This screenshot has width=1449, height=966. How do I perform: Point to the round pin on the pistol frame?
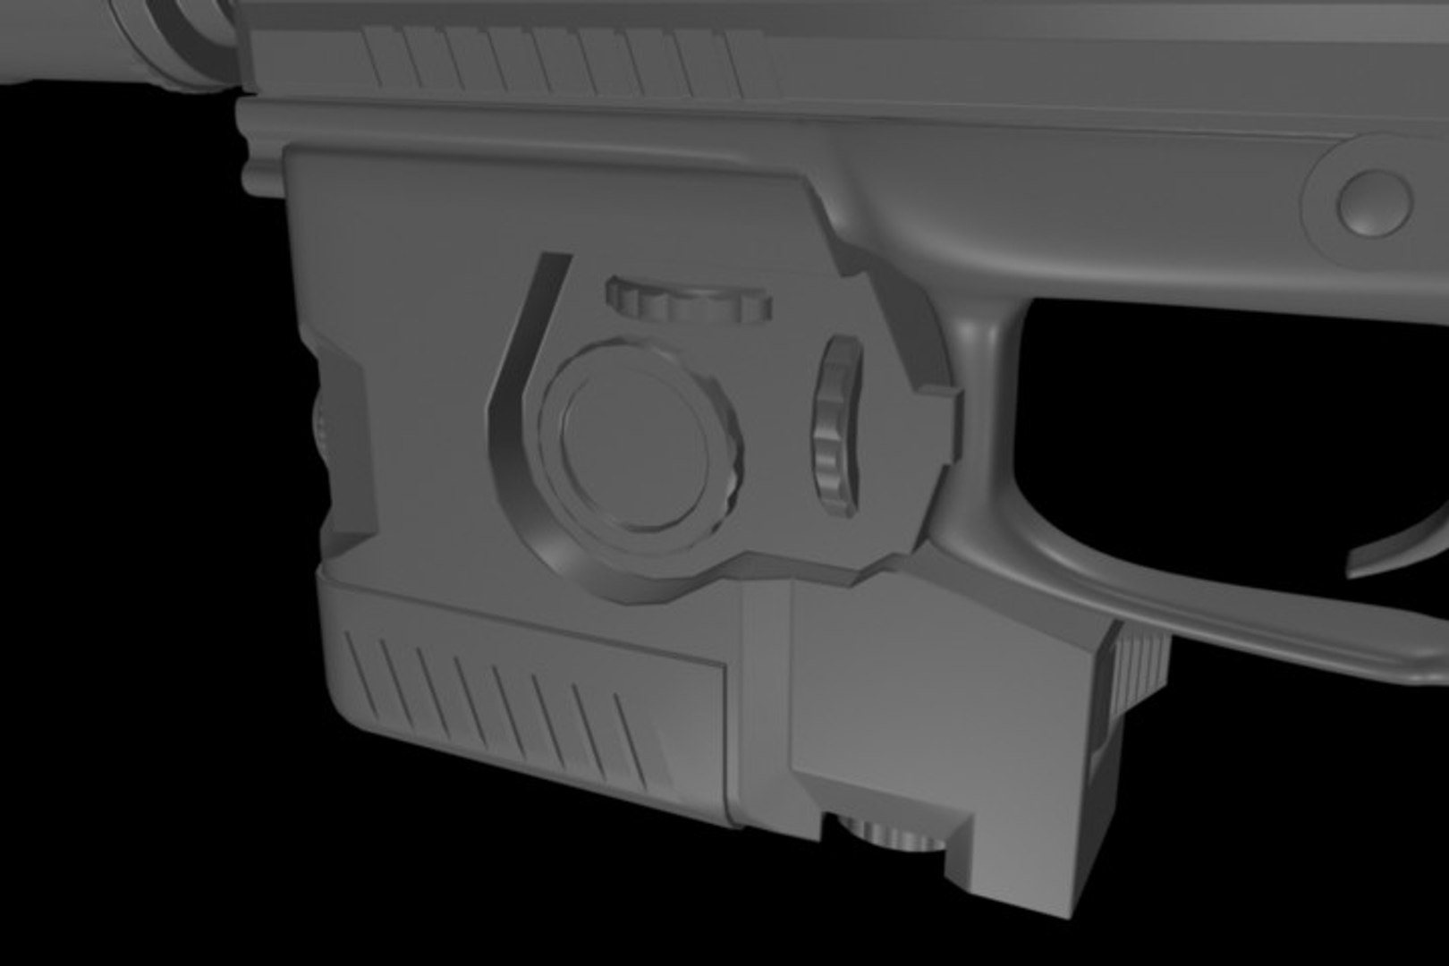pyautogui.click(x=1375, y=199)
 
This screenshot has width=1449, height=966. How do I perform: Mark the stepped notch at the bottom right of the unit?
pyautogui.click(x=962, y=832)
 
